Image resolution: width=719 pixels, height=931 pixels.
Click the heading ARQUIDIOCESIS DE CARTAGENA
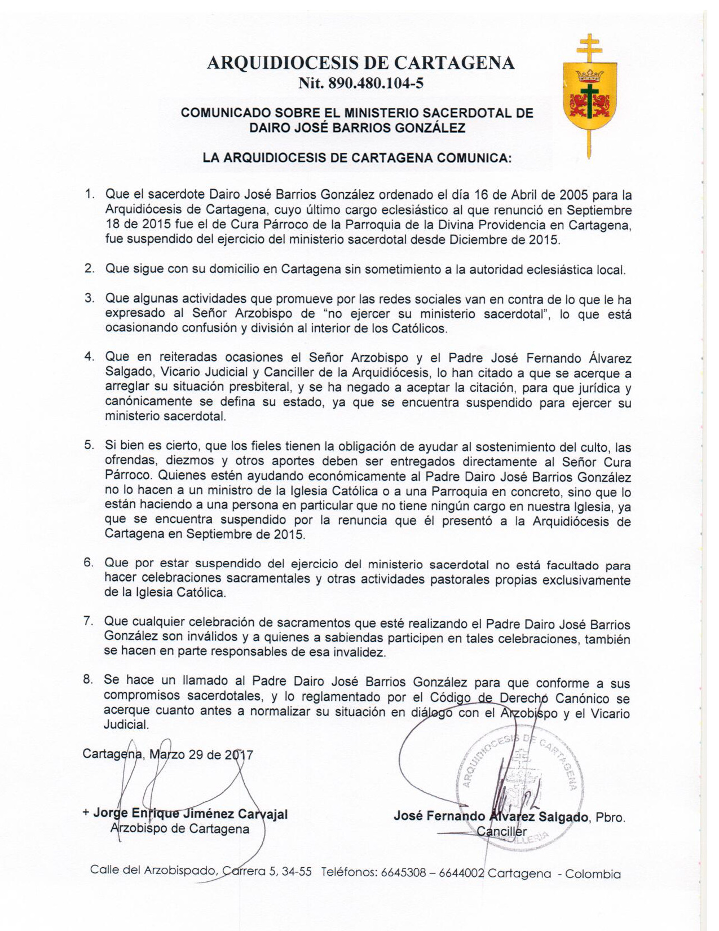coord(360,63)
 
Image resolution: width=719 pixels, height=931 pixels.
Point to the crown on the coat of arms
coord(590,74)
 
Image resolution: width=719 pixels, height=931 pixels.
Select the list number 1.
coord(89,195)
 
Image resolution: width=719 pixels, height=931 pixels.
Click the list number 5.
coord(89,445)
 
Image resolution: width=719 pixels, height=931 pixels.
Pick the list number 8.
coord(88,680)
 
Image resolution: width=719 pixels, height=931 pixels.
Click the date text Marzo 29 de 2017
coord(201,755)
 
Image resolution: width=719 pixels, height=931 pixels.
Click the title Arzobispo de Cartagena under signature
coord(180,829)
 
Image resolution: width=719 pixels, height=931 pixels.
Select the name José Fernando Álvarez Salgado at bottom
coord(491,816)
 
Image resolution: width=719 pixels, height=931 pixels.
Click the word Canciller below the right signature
coord(501,831)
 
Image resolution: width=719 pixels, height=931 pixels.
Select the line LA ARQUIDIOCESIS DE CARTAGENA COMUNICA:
coord(357,158)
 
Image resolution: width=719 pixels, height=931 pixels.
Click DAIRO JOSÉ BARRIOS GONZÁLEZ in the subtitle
coord(357,128)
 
